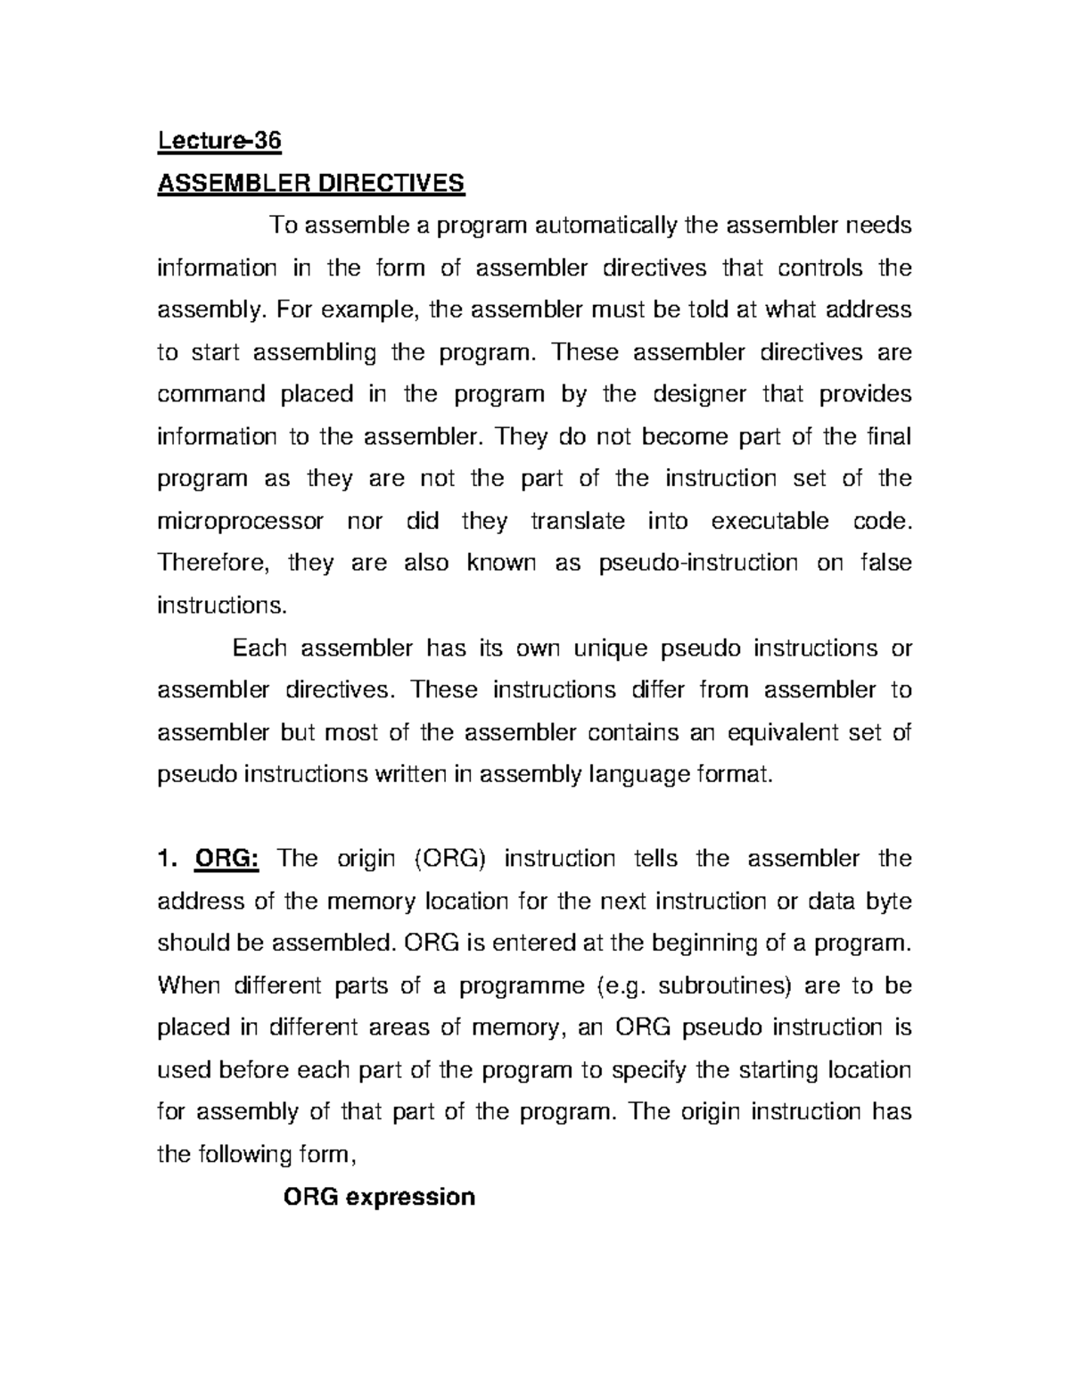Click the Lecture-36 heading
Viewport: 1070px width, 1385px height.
click(x=218, y=141)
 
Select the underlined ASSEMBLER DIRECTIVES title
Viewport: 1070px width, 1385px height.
click(x=311, y=184)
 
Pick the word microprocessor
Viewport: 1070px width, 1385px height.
click(x=241, y=521)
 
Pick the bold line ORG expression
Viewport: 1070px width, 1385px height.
click(x=379, y=1197)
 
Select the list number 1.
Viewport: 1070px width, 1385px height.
click(x=164, y=859)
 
